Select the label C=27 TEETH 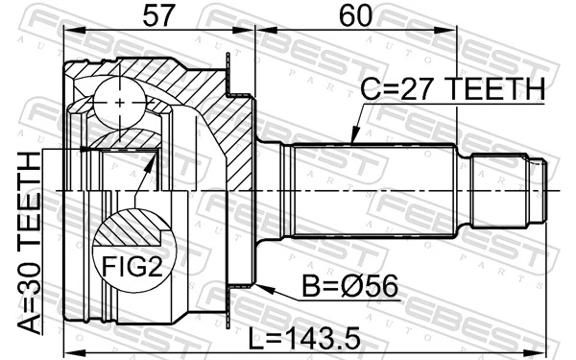[x=452, y=90]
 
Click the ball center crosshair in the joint [x=117, y=101]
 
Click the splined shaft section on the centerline [x=374, y=192]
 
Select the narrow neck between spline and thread [x=466, y=192]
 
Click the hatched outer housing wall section [x=226, y=125]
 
